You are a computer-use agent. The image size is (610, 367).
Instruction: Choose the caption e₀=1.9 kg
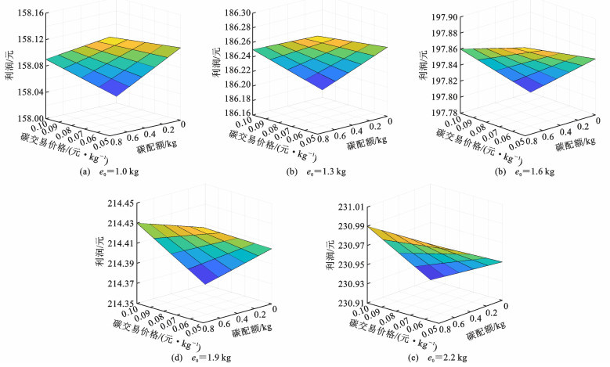205,358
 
